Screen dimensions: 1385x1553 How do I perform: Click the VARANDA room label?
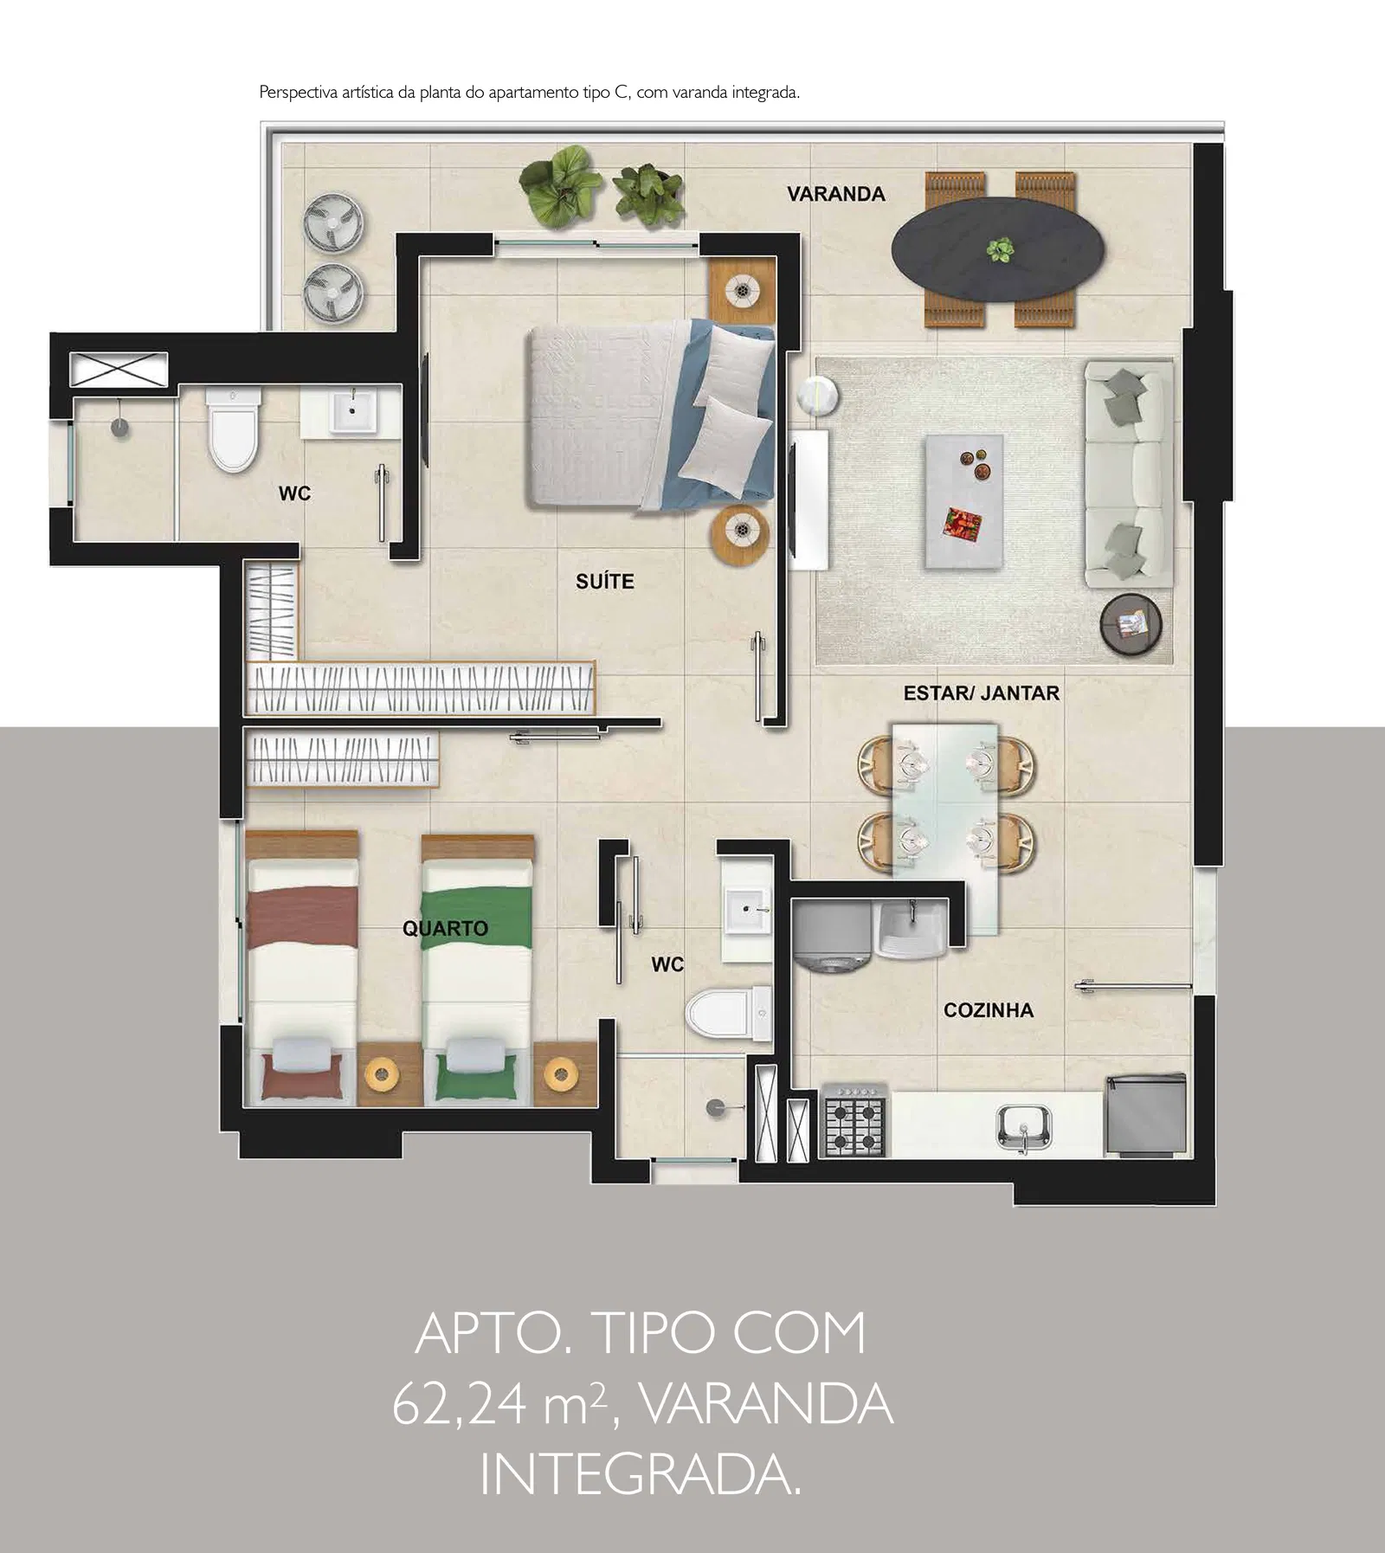pos(835,194)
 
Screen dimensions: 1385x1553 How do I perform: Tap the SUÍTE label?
pos(605,582)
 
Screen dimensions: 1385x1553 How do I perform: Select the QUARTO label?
pos(445,929)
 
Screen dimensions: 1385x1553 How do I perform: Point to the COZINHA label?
pos(989,1010)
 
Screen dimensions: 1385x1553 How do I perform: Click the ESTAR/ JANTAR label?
pos(981,693)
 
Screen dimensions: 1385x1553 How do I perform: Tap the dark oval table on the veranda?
pos(999,250)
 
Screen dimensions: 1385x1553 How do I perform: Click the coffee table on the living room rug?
pos(964,502)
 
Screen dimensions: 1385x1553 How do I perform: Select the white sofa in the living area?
pos(1127,474)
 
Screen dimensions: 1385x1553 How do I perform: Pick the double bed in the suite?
pos(651,414)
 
